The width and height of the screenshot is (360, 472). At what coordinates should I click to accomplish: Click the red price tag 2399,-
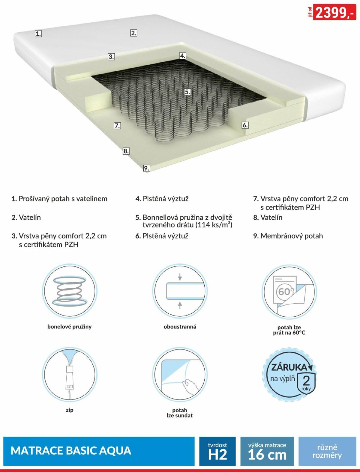tap(334, 12)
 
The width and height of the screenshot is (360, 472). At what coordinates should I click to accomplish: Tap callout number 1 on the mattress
tap(38, 34)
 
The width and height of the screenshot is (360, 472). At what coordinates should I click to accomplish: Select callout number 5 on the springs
tap(187, 92)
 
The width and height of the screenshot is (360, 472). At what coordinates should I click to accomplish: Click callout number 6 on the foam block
tap(245, 125)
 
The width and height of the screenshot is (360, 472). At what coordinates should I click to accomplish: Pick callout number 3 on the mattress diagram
tap(111, 57)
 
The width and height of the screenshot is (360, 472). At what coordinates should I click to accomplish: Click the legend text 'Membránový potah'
tap(292, 236)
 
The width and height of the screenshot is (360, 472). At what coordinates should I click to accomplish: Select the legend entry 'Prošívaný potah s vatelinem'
tap(63, 199)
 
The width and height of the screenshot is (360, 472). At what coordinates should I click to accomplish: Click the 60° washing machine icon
tap(289, 291)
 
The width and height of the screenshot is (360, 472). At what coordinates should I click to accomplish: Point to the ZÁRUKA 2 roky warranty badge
tap(289, 375)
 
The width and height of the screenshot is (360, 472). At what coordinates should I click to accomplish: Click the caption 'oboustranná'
tap(180, 327)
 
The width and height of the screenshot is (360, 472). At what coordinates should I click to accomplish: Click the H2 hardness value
tap(217, 455)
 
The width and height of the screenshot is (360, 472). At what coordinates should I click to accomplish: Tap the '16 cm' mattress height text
tap(267, 455)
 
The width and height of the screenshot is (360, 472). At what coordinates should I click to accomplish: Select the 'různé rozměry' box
tap(327, 451)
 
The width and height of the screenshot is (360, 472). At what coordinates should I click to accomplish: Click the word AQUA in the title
tap(115, 451)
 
